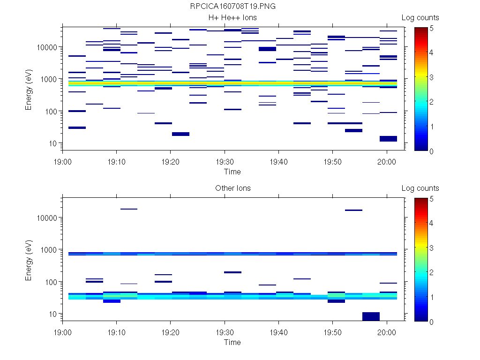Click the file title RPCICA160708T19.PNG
click(232, 7)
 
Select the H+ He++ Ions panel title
click(232, 18)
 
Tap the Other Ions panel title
click(232, 188)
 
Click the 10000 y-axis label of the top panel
click(46, 47)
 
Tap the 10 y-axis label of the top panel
click(52, 143)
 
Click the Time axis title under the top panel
click(232, 172)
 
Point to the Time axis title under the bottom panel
click(232, 342)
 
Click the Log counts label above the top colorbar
click(420, 18)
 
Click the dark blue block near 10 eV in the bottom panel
click(371, 316)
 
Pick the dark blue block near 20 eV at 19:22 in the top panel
click(180, 134)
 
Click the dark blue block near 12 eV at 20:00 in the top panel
click(388, 138)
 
